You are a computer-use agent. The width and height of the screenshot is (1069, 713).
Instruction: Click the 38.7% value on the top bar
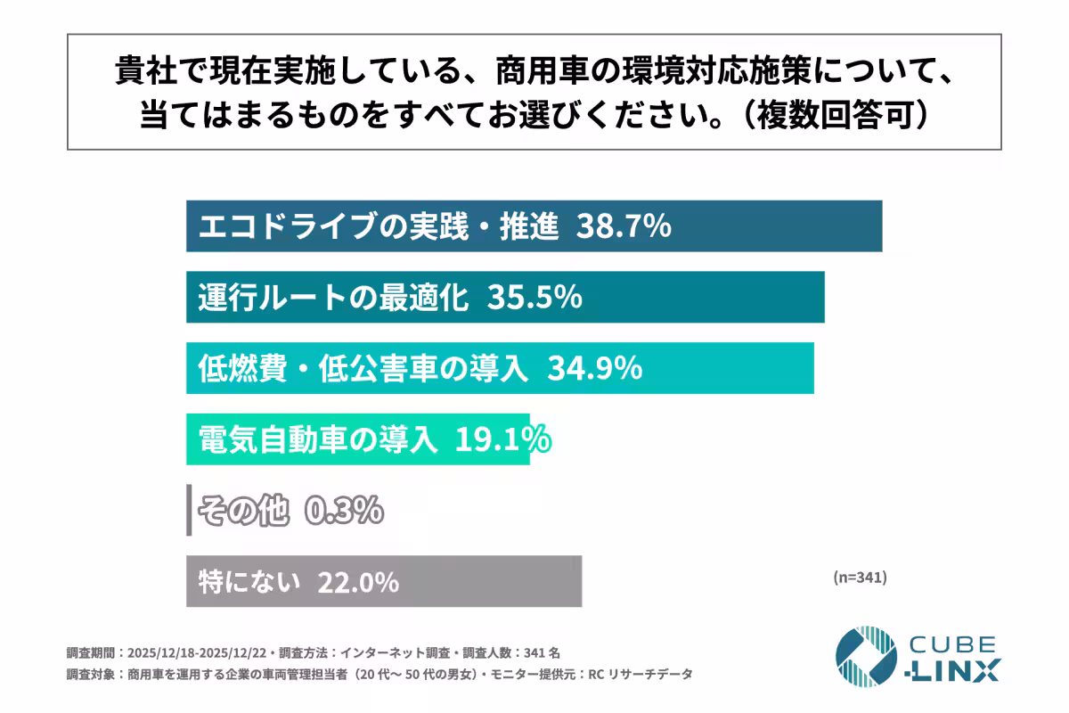[x=623, y=227]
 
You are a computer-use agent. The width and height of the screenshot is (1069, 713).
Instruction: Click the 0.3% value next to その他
[x=344, y=511]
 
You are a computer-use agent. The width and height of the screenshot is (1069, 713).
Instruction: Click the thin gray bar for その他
[x=189, y=511]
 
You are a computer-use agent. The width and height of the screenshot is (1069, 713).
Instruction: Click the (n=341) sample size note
[x=860, y=577]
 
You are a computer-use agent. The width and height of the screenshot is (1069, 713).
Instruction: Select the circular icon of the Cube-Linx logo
[x=865, y=657]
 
